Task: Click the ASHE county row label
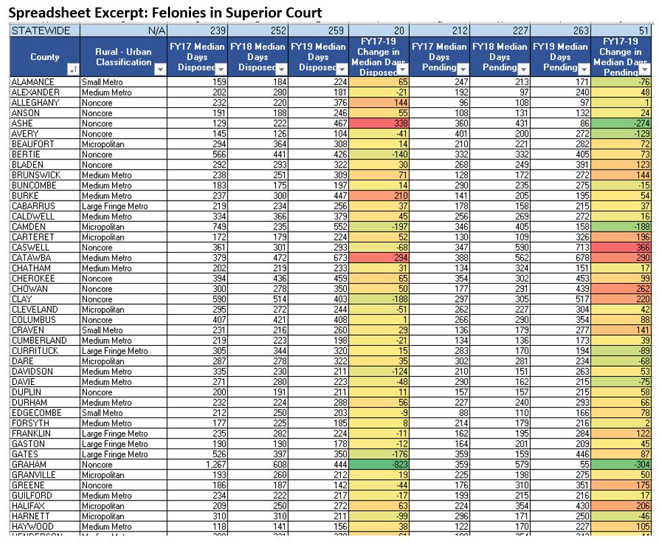(x=23, y=124)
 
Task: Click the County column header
(x=45, y=57)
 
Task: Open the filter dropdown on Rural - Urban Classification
(x=160, y=69)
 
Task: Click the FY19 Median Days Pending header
(x=560, y=57)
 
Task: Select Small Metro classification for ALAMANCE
(x=102, y=82)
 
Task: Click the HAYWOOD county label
(x=31, y=527)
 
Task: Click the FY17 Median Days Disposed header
(x=197, y=57)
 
